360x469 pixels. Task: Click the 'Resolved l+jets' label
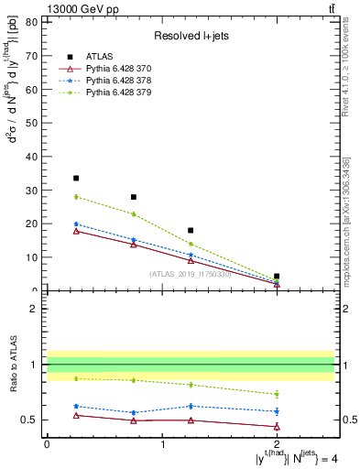190,36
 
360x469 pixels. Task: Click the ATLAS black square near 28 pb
134,197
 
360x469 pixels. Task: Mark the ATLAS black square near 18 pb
191,230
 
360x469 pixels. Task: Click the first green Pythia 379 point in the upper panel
76,197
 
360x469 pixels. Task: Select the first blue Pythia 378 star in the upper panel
76,224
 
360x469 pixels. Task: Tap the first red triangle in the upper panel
76,231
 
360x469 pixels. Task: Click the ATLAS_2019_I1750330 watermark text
190,274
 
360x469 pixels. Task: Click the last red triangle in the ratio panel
277,426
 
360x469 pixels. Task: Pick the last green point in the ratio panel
277,394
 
